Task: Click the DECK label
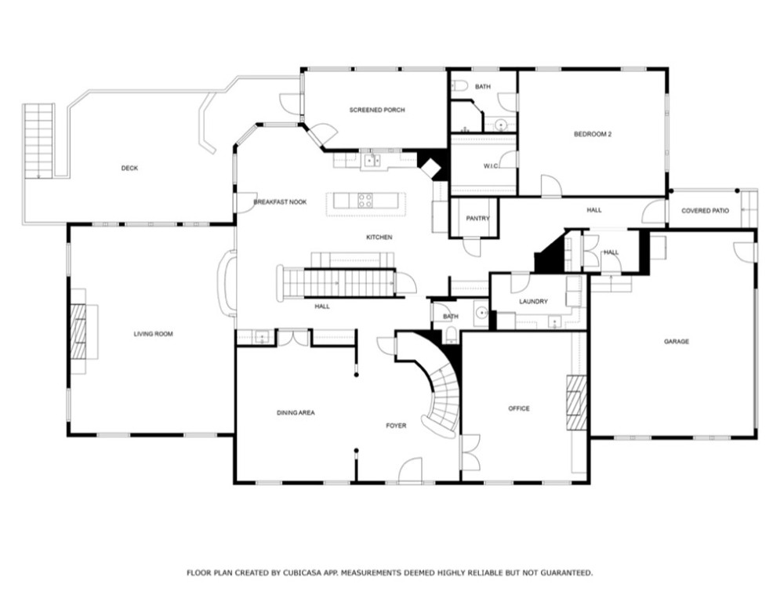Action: pyautogui.click(x=129, y=168)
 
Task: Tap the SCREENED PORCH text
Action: pyautogui.click(x=377, y=110)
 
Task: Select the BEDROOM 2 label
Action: pyautogui.click(x=592, y=134)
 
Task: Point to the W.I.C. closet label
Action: pyautogui.click(x=492, y=165)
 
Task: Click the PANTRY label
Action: pyautogui.click(x=477, y=218)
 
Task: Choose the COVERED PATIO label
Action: pyautogui.click(x=706, y=211)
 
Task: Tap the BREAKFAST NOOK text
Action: pyautogui.click(x=280, y=202)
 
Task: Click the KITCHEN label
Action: pyautogui.click(x=379, y=238)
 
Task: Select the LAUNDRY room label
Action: pyautogui.click(x=533, y=301)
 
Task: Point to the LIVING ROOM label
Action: pyautogui.click(x=153, y=334)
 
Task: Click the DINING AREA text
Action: pyautogui.click(x=295, y=412)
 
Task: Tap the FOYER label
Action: pyautogui.click(x=395, y=426)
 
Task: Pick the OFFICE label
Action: pyautogui.click(x=518, y=408)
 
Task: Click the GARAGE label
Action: pyautogui.click(x=676, y=341)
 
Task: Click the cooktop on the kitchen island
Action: pyautogui.click(x=365, y=200)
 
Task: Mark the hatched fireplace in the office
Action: pyautogui.click(x=576, y=402)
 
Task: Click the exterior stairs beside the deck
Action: pyautogui.click(x=38, y=140)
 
